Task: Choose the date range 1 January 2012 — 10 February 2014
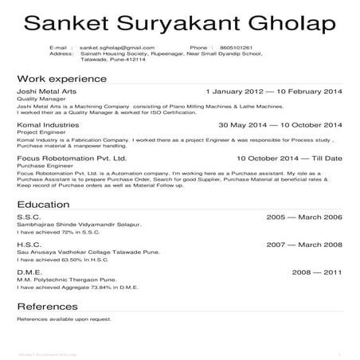tap(273, 92)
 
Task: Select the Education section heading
tap(45, 205)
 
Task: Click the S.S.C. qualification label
tap(29, 217)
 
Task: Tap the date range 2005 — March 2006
tap(303, 217)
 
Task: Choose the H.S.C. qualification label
tap(29, 245)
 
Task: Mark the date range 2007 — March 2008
tap(303, 245)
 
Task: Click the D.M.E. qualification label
tap(30, 272)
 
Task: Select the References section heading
tap(47, 307)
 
